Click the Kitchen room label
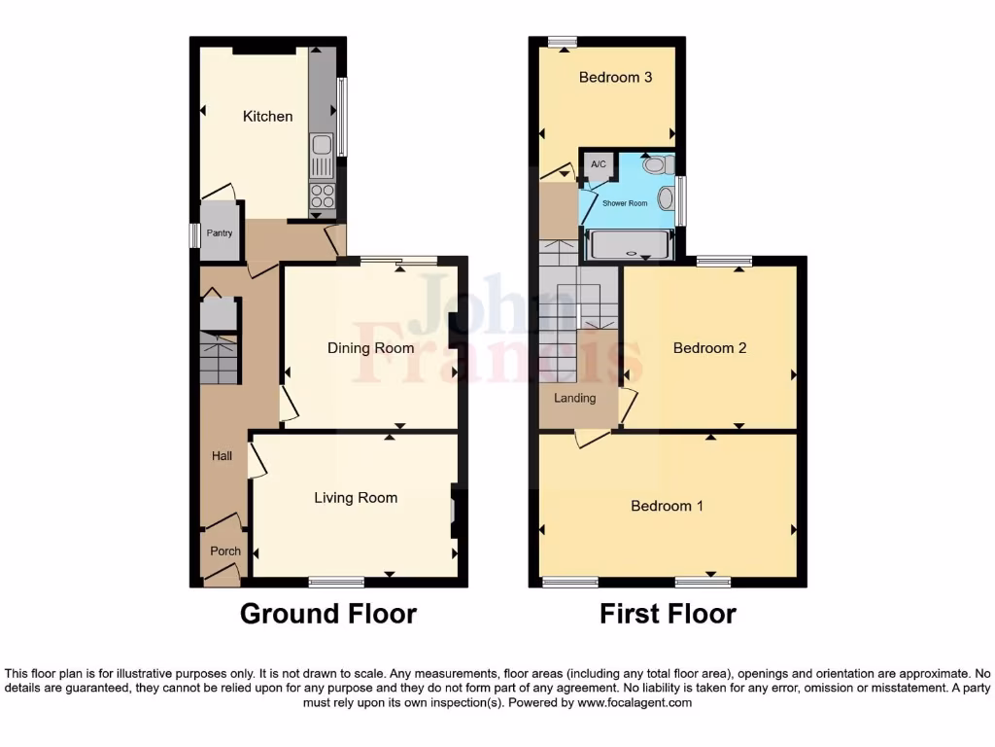tap(267, 117)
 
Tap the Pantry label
tap(220, 233)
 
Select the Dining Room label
tap(370, 348)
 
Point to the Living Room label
tap(356, 498)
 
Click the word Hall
tap(223, 455)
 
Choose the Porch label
tap(225, 551)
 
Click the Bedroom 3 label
tap(615, 78)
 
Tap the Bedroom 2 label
tap(709, 348)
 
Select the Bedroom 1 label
tap(668, 506)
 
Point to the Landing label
tap(574, 398)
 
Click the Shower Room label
tap(625, 203)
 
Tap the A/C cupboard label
tap(599, 164)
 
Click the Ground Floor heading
tap(328, 614)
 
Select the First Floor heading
tap(668, 614)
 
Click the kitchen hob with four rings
tap(322, 196)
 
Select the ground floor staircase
tap(220, 358)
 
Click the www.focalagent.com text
tap(635, 702)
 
